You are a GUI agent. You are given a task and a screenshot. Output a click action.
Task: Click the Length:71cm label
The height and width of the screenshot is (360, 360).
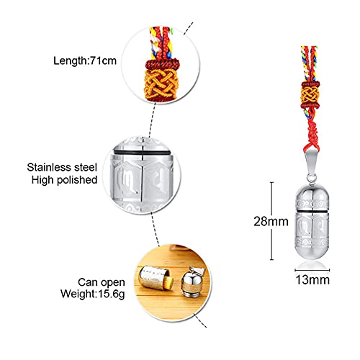click(85, 60)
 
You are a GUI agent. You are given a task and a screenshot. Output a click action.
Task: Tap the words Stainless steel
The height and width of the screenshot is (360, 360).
click(62, 167)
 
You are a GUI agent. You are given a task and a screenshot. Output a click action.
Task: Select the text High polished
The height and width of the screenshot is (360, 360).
click(64, 180)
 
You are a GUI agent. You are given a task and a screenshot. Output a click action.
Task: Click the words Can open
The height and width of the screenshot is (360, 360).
click(102, 282)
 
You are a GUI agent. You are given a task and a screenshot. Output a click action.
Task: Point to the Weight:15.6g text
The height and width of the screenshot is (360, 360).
click(93, 294)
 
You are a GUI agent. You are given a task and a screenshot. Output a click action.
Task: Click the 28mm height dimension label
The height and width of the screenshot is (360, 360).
click(271, 221)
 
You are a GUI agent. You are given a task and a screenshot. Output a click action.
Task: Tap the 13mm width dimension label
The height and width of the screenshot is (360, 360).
click(312, 280)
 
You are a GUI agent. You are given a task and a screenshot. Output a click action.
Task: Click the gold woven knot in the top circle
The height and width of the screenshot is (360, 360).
click(161, 82)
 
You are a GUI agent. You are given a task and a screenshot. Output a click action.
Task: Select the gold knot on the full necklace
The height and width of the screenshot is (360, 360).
click(310, 94)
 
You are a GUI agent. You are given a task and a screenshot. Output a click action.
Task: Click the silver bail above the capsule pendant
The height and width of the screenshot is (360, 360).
click(311, 163)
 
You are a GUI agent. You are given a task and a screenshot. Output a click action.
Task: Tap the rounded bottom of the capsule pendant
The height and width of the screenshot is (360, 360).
click(312, 253)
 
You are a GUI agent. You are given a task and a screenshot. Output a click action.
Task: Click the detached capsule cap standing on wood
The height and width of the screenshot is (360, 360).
click(191, 283)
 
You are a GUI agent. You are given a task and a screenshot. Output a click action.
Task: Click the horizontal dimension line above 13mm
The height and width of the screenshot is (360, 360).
click(312, 270)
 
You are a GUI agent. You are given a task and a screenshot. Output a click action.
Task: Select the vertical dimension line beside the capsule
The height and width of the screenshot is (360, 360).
click(271, 221)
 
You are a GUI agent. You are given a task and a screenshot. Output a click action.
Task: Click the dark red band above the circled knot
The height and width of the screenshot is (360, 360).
click(162, 64)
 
